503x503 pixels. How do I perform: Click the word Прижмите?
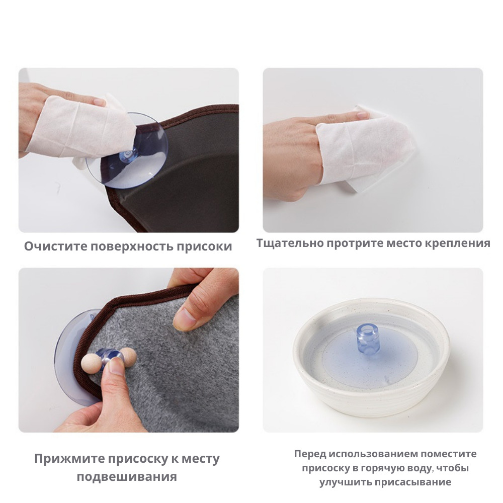(69, 459)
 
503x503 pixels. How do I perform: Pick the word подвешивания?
(127, 477)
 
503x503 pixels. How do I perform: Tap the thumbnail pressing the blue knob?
(114, 366)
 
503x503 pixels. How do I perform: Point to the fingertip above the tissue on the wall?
(361, 114)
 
